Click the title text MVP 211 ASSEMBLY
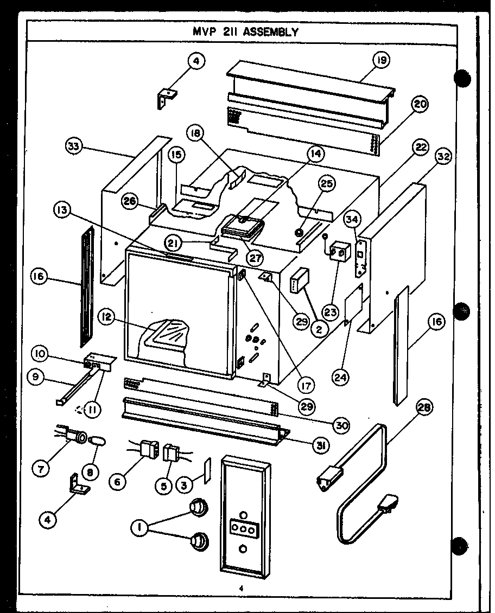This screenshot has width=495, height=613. pos(245,31)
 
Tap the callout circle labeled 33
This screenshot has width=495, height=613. pos(74,146)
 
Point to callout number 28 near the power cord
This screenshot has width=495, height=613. pos(425,408)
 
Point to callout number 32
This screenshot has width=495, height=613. pos(443,157)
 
